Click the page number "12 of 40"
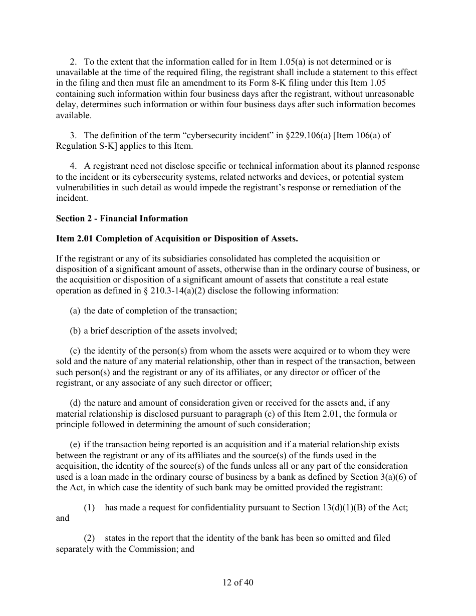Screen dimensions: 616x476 (x=238, y=582)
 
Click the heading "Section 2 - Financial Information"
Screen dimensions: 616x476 (x=122, y=218)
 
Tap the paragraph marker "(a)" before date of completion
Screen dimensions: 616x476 (x=75, y=311)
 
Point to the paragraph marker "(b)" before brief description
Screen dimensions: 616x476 (x=75, y=331)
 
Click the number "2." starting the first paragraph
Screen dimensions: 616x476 (x=73, y=62)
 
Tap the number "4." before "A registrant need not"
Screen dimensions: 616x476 (x=73, y=166)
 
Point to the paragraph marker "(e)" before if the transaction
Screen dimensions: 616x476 (x=75, y=444)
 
